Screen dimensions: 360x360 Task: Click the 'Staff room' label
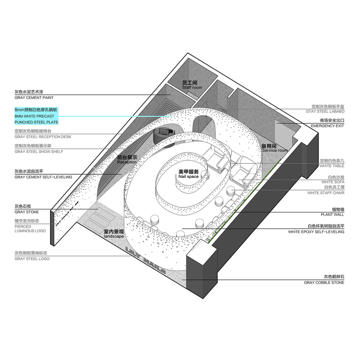(x=192, y=87)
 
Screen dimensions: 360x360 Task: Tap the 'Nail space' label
(x=189, y=176)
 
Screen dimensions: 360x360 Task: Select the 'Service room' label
(x=275, y=150)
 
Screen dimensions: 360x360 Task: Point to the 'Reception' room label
(x=127, y=162)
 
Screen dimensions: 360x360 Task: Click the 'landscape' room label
(x=114, y=236)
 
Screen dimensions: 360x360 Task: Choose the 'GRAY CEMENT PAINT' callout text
(x=34, y=98)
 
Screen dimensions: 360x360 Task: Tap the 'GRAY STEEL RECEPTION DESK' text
(x=43, y=137)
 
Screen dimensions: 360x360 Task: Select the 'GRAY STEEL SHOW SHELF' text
(x=39, y=152)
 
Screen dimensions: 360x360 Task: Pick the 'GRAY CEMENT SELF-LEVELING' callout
(x=44, y=177)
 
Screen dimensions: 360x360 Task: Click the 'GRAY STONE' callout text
(x=27, y=212)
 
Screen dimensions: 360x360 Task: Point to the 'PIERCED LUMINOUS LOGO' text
(x=30, y=229)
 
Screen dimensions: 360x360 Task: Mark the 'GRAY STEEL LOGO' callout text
(x=32, y=259)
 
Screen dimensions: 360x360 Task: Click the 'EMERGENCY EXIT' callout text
(x=327, y=126)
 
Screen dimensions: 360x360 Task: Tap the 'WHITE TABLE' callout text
(x=332, y=166)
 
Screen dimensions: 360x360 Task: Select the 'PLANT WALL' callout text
(x=332, y=215)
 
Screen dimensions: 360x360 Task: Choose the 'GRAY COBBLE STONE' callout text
(x=324, y=283)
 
